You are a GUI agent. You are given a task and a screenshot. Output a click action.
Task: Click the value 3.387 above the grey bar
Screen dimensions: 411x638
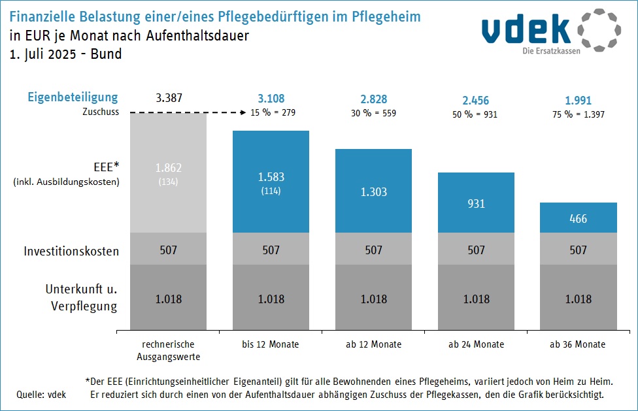tap(169, 99)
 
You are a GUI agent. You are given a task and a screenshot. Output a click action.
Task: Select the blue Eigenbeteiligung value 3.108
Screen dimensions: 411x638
tap(271, 99)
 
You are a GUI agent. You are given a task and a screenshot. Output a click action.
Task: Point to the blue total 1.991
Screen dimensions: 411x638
tap(579, 101)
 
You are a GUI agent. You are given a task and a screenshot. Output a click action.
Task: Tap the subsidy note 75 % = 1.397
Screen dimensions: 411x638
tap(579, 114)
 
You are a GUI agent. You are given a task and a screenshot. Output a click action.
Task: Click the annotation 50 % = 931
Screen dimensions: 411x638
tap(477, 114)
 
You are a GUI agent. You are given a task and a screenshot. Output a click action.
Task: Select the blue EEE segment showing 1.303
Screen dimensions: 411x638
tap(374, 191)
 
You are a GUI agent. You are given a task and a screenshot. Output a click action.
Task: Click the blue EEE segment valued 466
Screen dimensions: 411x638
tap(579, 218)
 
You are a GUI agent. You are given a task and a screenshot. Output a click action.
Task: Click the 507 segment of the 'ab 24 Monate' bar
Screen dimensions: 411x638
tap(477, 250)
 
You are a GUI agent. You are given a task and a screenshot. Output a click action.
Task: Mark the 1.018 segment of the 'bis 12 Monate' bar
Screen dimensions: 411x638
tap(271, 299)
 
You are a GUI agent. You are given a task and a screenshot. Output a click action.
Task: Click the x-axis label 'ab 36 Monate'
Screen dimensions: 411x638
tap(579, 344)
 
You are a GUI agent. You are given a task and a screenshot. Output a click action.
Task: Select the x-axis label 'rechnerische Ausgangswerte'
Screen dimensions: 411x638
tap(169, 350)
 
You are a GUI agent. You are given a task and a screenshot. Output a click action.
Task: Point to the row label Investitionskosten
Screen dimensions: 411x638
tap(71, 251)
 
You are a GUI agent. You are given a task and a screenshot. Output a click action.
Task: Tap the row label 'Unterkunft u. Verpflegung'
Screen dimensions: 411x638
tap(81, 297)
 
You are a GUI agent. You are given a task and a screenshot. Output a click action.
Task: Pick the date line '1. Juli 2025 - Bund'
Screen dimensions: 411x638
tap(65, 54)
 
